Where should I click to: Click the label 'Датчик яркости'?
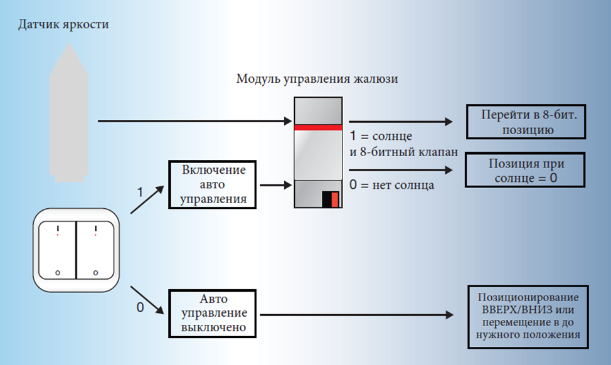(63, 25)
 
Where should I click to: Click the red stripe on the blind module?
(318, 127)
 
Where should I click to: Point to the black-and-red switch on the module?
(331, 199)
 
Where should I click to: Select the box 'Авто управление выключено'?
(214, 314)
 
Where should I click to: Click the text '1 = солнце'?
(384, 136)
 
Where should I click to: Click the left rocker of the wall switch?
(57, 250)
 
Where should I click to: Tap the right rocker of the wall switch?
(95, 250)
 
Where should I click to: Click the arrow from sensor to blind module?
(194, 121)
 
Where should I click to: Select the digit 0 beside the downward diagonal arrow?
(140, 308)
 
